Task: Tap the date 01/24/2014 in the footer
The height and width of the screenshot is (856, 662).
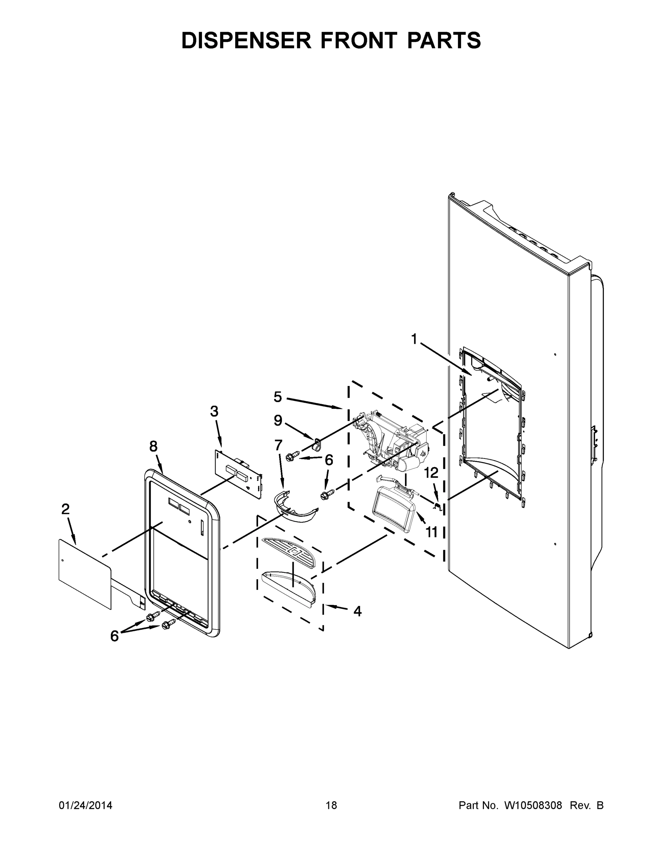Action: click(x=86, y=805)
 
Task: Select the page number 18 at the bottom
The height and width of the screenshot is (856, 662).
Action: click(x=331, y=805)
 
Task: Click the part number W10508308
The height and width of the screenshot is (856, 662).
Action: click(x=532, y=805)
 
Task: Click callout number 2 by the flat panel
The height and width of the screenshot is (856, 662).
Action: click(x=66, y=509)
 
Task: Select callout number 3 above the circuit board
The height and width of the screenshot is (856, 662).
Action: click(x=214, y=411)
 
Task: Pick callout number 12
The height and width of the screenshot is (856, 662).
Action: click(x=431, y=473)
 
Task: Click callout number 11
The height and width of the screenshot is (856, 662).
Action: click(x=431, y=532)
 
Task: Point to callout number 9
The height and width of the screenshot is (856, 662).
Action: click(x=278, y=421)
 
